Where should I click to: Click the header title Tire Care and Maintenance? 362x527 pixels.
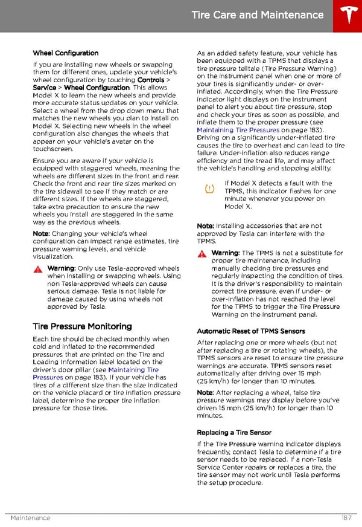[258, 15]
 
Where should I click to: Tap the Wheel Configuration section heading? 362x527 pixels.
[66, 53]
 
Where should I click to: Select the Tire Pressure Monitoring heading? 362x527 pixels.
[82, 326]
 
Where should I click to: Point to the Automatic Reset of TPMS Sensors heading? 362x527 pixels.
[251, 331]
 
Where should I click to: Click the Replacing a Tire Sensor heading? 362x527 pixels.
[234, 433]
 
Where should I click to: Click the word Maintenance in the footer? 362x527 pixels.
[30, 518]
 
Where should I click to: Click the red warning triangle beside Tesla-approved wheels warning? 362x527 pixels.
[37, 268]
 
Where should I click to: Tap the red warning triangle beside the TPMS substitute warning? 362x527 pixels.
[202, 253]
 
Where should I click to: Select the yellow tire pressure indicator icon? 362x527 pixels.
[209, 189]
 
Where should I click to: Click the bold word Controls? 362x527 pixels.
[151, 80]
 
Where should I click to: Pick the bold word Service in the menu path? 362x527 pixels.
[44, 88]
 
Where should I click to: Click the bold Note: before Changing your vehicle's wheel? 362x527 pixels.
[41, 234]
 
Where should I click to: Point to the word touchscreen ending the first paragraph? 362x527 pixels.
[53, 149]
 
